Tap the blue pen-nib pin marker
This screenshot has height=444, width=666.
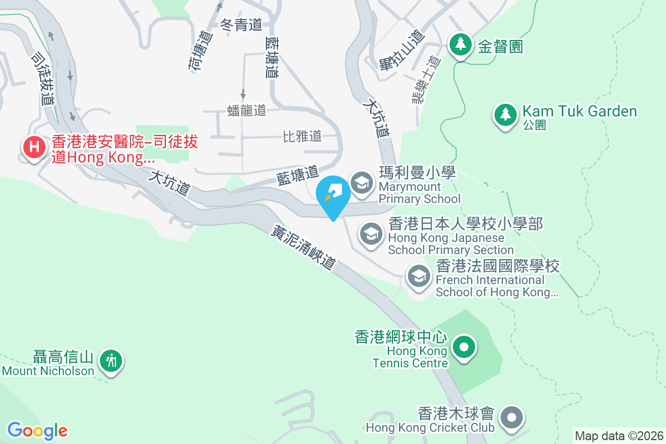point(334,194)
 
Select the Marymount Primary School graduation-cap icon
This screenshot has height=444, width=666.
point(362,183)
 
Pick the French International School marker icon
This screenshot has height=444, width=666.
point(419,275)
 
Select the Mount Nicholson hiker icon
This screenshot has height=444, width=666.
point(112,361)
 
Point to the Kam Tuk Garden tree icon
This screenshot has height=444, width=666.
point(505,115)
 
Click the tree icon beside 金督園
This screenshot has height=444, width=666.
point(460,44)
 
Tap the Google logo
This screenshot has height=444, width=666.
point(37,430)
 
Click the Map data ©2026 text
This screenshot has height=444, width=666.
point(618,436)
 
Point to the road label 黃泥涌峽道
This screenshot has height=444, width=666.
point(304,248)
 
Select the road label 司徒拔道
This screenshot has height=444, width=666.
point(43,79)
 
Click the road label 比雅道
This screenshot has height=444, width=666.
point(302,136)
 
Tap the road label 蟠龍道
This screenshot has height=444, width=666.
point(247,110)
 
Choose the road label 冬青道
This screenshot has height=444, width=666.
point(241,24)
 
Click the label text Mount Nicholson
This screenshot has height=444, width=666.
point(48,371)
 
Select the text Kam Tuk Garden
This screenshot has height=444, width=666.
point(579,112)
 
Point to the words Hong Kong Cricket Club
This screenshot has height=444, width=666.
point(430,428)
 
